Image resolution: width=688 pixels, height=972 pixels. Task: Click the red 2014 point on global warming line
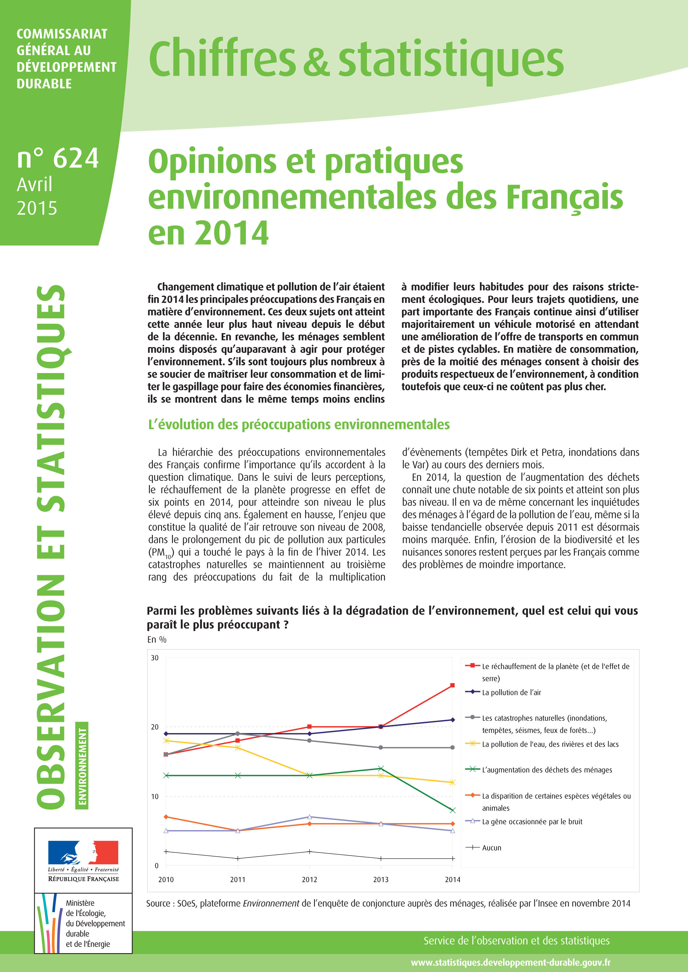(452, 685)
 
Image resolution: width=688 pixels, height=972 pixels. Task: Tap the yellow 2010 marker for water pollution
(166, 740)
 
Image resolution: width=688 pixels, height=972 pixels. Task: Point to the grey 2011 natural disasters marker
(238, 734)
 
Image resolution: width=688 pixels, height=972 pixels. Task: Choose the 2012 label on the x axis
(309, 879)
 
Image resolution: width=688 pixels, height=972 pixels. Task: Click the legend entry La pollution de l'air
(511, 692)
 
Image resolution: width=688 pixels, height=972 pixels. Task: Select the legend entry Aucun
(491, 848)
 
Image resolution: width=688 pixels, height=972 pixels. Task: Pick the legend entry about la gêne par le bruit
(532, 821)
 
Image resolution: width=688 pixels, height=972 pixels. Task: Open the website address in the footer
(510, 962)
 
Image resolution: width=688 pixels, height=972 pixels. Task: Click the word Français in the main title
(565, 197)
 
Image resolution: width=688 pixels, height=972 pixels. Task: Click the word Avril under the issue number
(35, 185)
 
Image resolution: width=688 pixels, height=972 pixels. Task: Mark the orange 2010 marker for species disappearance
(166, 817)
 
